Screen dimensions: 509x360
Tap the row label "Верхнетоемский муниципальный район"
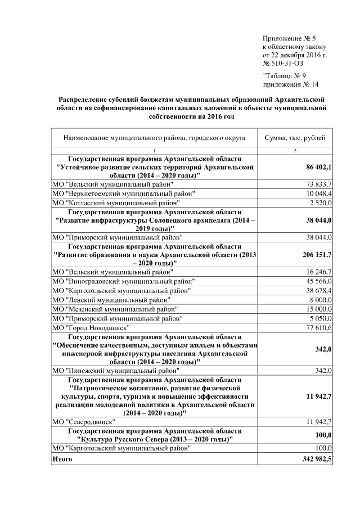[x=123, y=193]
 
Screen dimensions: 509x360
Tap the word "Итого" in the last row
[x=62, y=460]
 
